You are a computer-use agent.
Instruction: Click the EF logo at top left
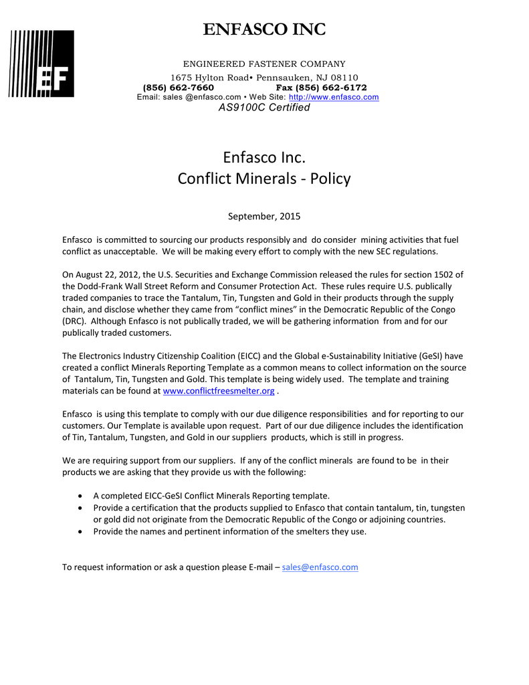[41, 64]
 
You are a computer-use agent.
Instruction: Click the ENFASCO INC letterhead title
[264, 29]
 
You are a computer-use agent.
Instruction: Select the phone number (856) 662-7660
[179, 88]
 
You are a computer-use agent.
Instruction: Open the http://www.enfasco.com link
[333, 97]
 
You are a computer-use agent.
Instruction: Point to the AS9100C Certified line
[264, 108]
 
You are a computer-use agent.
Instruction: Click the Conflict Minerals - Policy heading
[264, 179]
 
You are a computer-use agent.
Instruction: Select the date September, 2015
[264, 216]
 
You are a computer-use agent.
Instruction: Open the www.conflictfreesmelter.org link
[219, 391]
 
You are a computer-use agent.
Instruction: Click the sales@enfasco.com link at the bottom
[320, 567]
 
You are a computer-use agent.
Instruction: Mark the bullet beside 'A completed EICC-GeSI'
[81, 496]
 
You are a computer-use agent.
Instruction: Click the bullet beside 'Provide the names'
[81, 532]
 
